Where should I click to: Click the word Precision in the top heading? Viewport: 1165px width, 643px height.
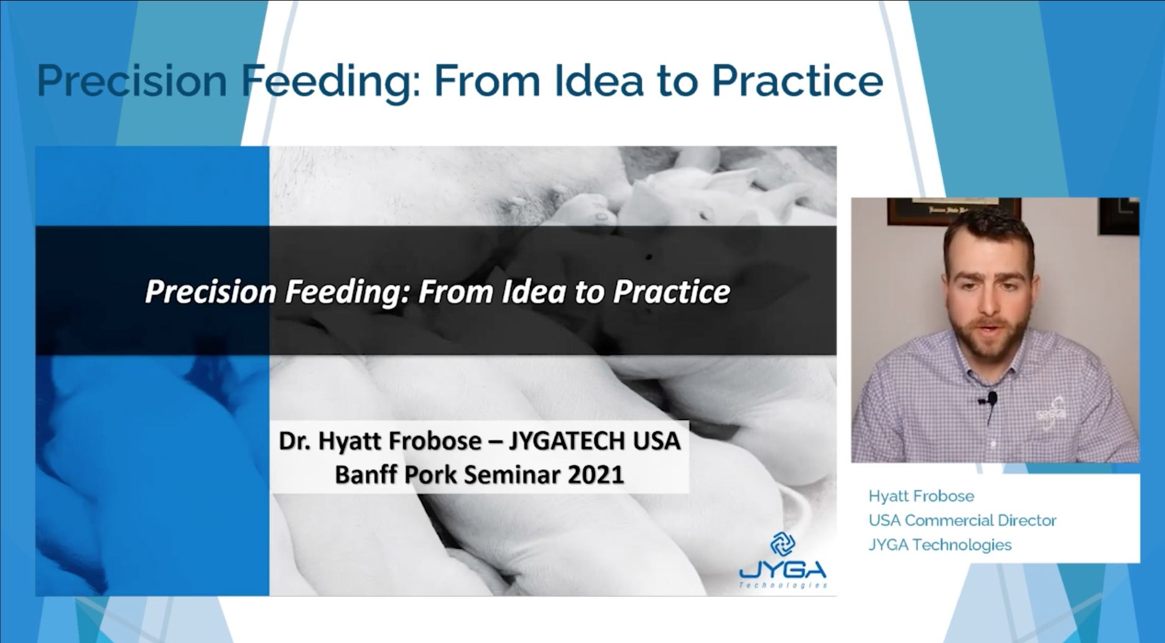[x=132, y=81]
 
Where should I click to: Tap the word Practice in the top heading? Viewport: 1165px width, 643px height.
[x=797, y=81]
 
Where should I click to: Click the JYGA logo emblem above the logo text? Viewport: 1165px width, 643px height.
[x=782, y=544]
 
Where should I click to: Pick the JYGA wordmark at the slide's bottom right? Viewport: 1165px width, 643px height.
[x=783, y=570]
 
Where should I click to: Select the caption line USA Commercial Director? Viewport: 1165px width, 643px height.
[x=962, y=520]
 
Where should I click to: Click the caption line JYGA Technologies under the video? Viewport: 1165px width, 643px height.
[x=940, y=545]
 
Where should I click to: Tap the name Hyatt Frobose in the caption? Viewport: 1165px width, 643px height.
[x=921, y=496]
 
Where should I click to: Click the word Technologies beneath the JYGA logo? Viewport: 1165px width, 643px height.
[x=783, y=585]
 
